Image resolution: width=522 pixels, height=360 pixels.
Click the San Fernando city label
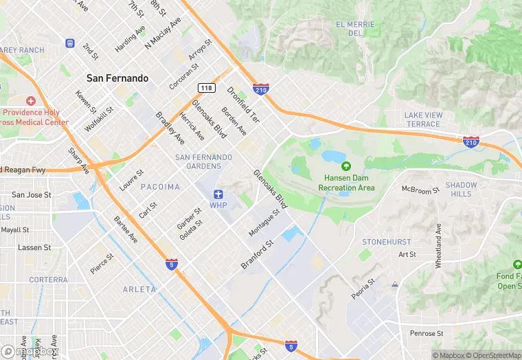click(117, 78)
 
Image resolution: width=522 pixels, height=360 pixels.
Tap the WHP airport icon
click(218, 194)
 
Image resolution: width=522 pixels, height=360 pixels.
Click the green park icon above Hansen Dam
click(346, 166)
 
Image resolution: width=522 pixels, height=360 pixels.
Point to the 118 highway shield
click(205, 87)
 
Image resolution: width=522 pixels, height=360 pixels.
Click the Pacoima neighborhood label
click(160, 187)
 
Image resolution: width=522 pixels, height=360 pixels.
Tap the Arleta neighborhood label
click(139, 289)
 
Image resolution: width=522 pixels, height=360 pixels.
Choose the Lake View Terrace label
click(422, 120)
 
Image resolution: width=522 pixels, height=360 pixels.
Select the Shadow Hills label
click(461, 190)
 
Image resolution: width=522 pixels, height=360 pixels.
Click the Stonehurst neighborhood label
click(387, 242)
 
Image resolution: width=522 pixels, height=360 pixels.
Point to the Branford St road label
click(258, 254)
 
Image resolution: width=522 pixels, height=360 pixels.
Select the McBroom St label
click(420, 190)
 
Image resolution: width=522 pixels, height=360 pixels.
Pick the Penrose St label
click(427, 333)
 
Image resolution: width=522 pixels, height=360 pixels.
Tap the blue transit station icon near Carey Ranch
click(69, 43)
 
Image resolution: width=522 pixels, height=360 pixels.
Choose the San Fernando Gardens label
click(204, 162)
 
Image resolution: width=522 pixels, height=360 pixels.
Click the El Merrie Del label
click(355, 29)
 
